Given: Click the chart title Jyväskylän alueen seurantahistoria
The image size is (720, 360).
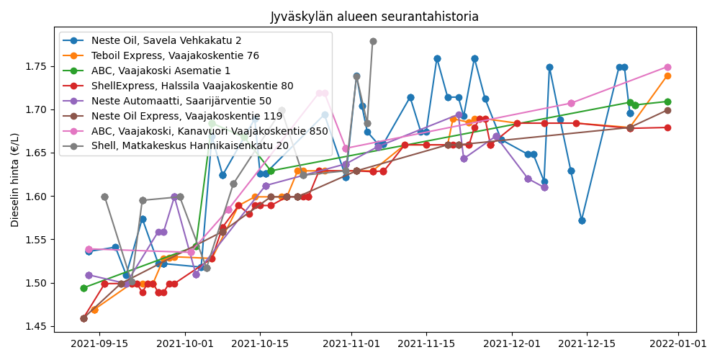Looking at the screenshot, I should (x=374, y=17).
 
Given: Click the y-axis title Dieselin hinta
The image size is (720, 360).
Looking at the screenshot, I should (x=15, y=180).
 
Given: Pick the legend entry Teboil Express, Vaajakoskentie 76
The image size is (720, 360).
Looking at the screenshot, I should (x=165, y=55).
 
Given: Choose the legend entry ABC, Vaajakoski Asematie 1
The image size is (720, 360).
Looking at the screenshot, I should (x=150, y=71).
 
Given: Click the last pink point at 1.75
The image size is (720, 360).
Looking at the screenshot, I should (x=667, y=67).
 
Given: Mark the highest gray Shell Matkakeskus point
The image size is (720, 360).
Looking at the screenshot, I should (x=373, y=41).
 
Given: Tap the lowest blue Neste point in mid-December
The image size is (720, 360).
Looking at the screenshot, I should (x=582, y=220).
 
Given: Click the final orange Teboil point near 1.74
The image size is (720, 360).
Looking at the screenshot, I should (x=667, y=76).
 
